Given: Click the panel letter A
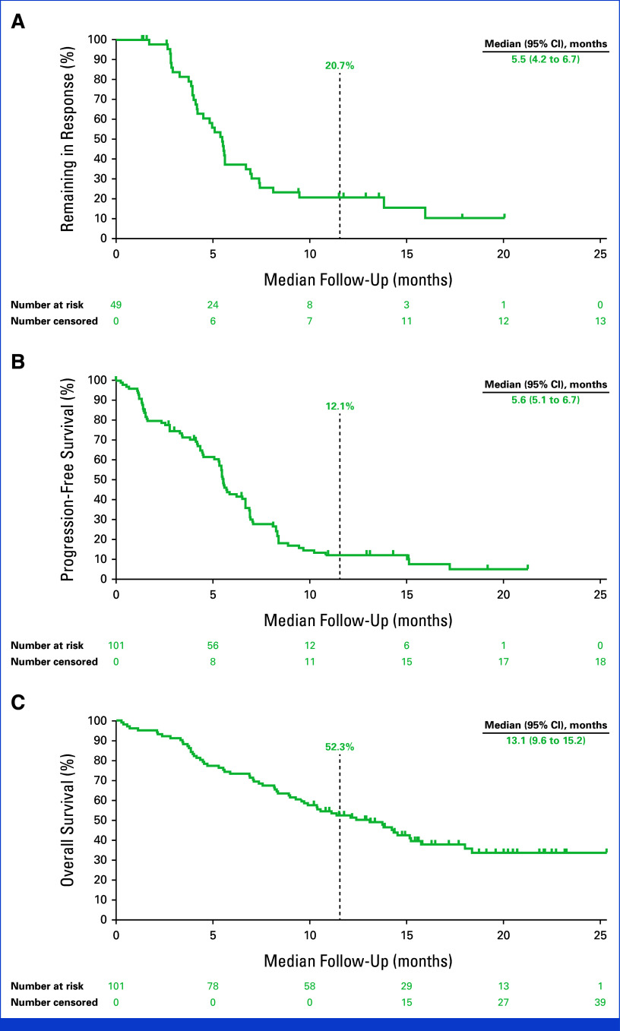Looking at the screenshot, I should coord(17,21).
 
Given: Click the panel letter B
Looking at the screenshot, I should coord(17,359).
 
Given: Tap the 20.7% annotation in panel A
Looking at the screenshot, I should coord(339,66).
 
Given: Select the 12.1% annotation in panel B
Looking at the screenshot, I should coord(339,406).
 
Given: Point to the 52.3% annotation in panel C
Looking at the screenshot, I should coord(339,747).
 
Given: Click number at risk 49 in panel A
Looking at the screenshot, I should coord(116,304).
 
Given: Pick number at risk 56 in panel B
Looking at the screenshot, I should coord(213,644).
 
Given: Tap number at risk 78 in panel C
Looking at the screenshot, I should coord(213,985).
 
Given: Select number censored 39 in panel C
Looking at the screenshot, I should coord(600,1002).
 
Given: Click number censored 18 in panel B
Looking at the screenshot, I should coord(600,661).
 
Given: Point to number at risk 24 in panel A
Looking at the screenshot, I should coord(213,304).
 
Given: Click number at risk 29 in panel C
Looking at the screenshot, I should coord(406,985).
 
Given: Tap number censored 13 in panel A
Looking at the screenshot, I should coord(600,321).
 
